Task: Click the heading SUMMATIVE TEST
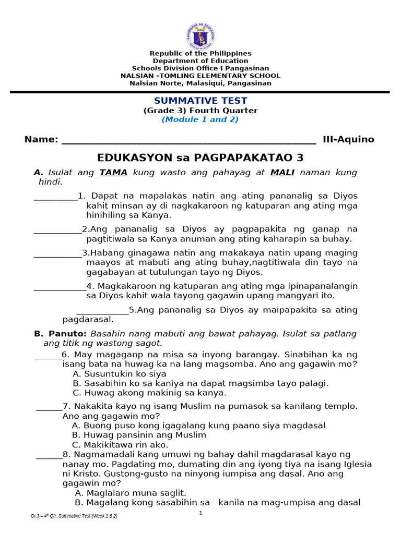(200, 101)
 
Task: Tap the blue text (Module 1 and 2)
(200, 119)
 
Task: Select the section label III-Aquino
(348, 139)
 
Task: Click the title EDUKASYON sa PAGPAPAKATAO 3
(200, 157)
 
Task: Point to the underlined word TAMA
(113, 172)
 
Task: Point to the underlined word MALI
(282, 172)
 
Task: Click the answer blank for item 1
(55, 197)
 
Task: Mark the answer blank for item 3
(57, 254)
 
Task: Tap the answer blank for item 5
(102, 311)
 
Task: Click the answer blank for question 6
(48, 355)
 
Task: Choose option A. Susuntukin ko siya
(119, 374)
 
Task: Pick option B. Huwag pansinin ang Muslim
(139, 435)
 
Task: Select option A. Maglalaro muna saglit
(131, 493)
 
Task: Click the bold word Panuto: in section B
(67, 333)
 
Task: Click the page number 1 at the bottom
(200, 514)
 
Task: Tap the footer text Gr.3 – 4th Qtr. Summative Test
(74, 516)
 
